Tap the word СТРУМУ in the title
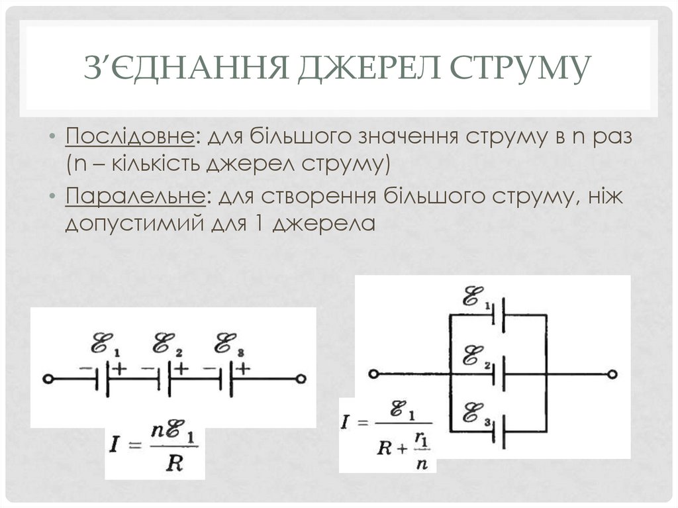pos(520,70)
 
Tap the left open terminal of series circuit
pos(48,380)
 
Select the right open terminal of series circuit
pos(301,380)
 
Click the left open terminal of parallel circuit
pos(374,374)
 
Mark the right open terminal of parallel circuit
pos(615,374)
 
